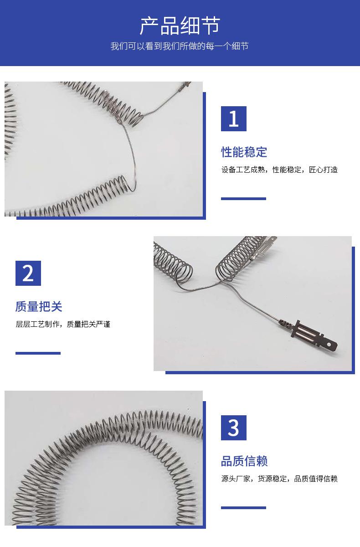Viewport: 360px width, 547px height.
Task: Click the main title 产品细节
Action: [x=180, y=26]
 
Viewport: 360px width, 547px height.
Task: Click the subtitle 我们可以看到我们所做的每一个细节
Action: [x=180, y=46]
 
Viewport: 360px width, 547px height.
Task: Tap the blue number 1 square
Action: [x=234, y=119]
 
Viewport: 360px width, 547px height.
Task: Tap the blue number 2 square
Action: [x=28, y=273]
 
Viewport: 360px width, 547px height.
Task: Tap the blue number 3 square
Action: [x=234, y=428]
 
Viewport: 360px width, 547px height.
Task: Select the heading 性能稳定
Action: [x=244, y=152]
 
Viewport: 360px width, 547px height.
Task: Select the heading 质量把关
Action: [x=39, y=306]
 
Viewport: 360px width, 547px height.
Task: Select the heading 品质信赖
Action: [x=244, y=461]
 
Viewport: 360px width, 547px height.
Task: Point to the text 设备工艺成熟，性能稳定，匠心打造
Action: [x=279, y=170]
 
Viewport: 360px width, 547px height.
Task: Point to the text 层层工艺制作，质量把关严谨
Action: [x=63, y=324]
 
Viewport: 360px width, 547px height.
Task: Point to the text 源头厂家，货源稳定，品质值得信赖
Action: [x=279, y=479]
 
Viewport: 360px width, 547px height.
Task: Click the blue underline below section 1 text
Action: [x=243, y=199]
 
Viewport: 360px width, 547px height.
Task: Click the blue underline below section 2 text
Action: [x=38, y=353]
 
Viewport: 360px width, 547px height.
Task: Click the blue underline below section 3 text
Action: [x=243, y=508]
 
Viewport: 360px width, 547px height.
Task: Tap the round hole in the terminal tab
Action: [x=329, y=345]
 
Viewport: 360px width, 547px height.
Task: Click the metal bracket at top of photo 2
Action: [x=266, y=247]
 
